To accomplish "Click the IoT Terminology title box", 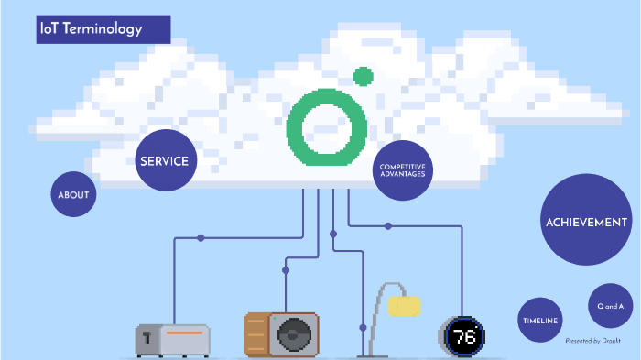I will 103,29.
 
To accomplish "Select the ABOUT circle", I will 73,195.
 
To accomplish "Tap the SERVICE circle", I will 164,161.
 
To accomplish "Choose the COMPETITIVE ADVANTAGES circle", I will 402,169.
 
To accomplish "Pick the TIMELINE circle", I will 540,321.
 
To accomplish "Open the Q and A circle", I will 611,306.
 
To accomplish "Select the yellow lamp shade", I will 404,305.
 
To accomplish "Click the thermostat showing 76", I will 463,336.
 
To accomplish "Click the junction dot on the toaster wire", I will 201,238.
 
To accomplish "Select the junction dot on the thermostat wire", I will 388,225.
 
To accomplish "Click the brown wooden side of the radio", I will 257,335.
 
